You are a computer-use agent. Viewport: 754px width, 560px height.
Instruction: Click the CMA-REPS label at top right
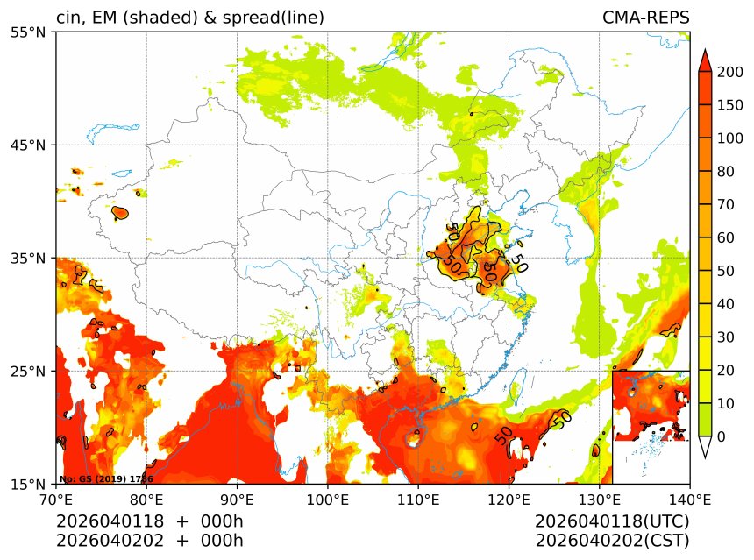[645, 18]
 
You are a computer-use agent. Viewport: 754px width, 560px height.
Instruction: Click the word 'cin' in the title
[68, 18]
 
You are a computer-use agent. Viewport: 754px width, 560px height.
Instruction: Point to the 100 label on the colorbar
[728, 138]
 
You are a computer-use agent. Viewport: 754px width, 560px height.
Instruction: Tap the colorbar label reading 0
[721, 436]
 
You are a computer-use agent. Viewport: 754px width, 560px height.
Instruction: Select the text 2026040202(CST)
[612, 541]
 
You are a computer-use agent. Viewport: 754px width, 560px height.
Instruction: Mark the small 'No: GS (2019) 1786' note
[105, 479]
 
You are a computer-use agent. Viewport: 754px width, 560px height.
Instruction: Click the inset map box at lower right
[651, 406]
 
